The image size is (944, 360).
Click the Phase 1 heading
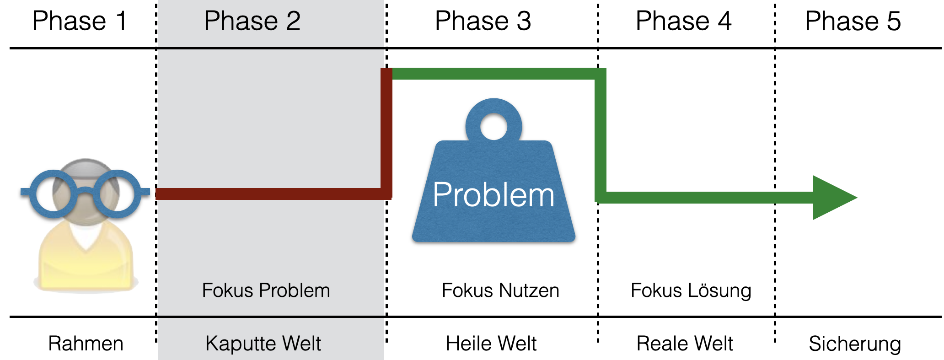pyautogui.click(x=80, y=21)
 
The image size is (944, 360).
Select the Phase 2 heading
pyautogui.click(x=252, y=21)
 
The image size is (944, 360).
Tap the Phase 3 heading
pyautogui.click(x=483, y=21)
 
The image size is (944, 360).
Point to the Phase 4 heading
pyautogui.click(x=683, y=21)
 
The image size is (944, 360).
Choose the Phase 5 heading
pyautogui.click(x=853, y=21)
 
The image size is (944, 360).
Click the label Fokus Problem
pyautogui.click(x=266, y=290)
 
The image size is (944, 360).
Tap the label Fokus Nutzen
pyautogui.click(x=500, y=290)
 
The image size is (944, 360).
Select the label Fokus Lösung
pyautogui.click(x=691, y=290)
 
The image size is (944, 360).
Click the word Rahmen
pyautogui.click(x=86, y=344)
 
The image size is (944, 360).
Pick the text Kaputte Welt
pyautogui.click(x=263, y=344)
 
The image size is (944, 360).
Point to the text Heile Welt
pyautogui.click(x=491, y=344)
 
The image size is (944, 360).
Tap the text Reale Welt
pyautogui.click(x=684, y=344)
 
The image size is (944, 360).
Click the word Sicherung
pyautogui.click(x=854, y=344)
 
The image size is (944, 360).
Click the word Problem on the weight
pyautogui.click(x=493, y=195)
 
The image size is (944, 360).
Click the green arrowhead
pyautogui.click(x=830, y=198)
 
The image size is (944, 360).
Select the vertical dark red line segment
pyautogui.click(x=386, y=133)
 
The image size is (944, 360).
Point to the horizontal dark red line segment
pyautogui.click(x=270, y=193)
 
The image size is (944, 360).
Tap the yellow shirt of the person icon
pyautogui.click(x=86, y=265)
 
